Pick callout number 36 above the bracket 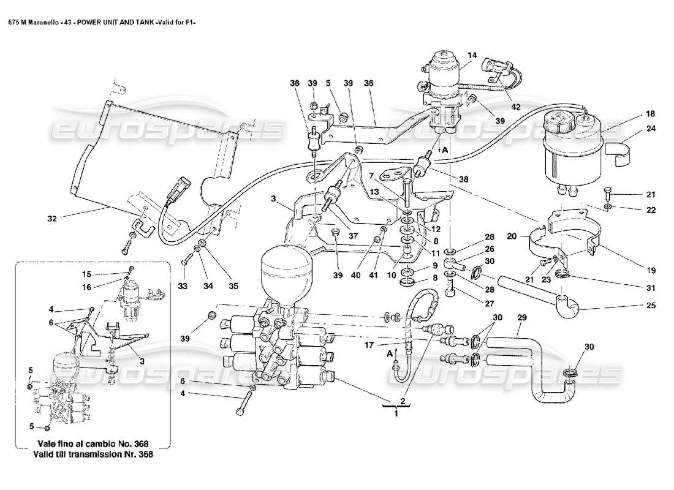click(x=368, y=83)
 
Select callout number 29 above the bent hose click(x=522, y=318)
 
